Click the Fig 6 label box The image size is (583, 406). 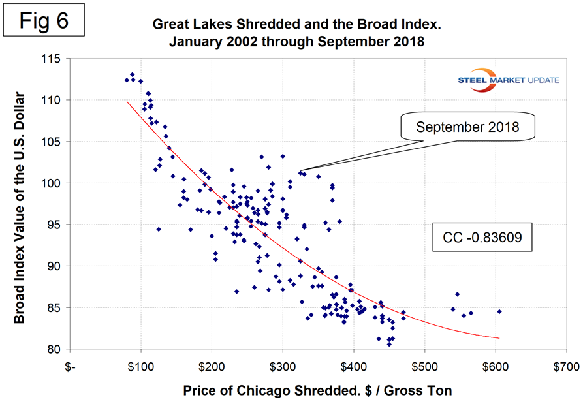[46, 20]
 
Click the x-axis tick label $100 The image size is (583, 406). [140, 366]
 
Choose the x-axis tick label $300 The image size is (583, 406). [282, 366]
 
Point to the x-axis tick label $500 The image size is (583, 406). [424, 366]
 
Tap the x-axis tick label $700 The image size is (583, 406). [565, 366]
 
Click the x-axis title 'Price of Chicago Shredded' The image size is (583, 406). [318, 390]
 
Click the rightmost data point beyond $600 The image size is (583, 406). [499, 311]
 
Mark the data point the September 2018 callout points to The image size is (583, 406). [300, 172]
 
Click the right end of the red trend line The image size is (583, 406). [499, 337]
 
